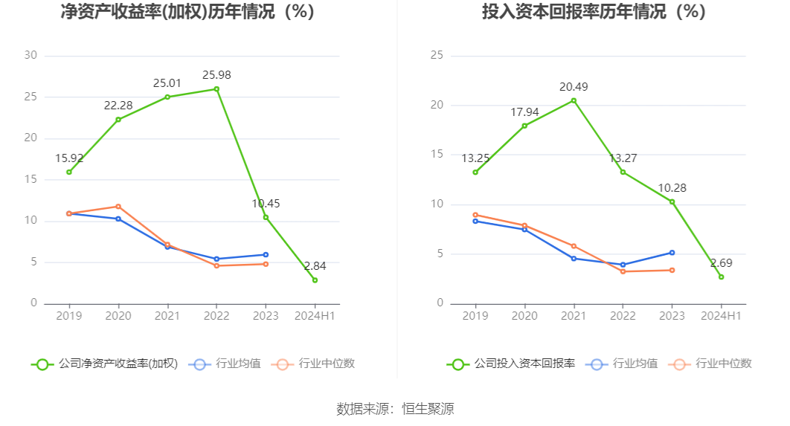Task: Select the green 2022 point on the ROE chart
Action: click(x=216, y=89)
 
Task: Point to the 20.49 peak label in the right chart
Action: click(x=574, y=87)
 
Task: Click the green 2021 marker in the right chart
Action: click(x=574, y=100)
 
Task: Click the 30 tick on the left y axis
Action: click(x=30, y=55)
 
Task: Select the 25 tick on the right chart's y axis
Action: click(x=437, y=55)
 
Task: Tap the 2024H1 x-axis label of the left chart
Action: click(x=315, y=316)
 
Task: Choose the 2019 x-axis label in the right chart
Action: click(x=475, y=316)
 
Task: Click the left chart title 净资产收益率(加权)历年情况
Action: click(x=187, y=13)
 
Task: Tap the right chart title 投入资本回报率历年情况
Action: click(x=594, y=13)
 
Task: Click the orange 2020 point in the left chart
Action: click(x=118, y=207)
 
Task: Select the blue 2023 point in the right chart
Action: click(x=672, y=253)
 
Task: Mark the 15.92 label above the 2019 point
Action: click(x=69, y=158)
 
